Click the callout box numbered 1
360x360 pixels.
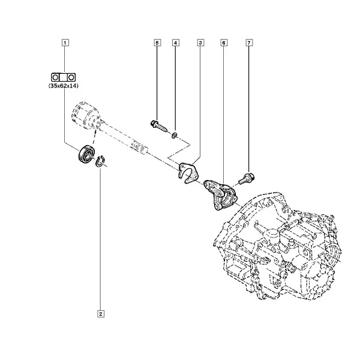pyautogui.click(x=65, y=43)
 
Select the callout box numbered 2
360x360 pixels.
pyautogui.click(x=101, y=314)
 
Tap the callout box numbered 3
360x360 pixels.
pyautogui.click(x=200, y=43)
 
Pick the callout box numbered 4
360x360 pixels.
pyautogui.click(x=175, y=43)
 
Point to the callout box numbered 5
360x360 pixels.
pyautogui.click(x=157, y=43)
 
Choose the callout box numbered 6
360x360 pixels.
pyautogui.click(x=224, y=43)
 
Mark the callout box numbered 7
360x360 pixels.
pyautogui.click(x=249, y=43)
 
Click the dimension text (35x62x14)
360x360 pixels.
pyautogui.click(x=64, y=86)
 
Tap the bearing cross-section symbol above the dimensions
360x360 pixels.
pyautogui.click(x=63, y=77)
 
